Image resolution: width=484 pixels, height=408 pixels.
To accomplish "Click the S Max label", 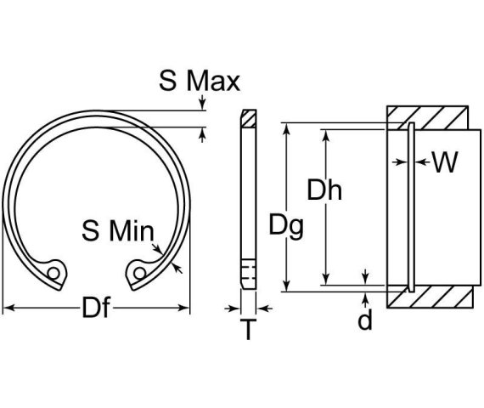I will [200, 82].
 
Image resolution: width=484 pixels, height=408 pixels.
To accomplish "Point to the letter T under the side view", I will [248, 331].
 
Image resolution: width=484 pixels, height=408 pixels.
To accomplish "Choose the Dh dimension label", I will [324, 191].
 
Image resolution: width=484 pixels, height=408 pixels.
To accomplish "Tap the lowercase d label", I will [366, 322].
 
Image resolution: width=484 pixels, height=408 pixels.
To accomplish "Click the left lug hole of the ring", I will [55, 274].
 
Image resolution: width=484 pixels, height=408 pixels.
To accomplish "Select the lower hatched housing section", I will [427, 297].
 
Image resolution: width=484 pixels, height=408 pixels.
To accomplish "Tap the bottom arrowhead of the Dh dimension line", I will [324, 280].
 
